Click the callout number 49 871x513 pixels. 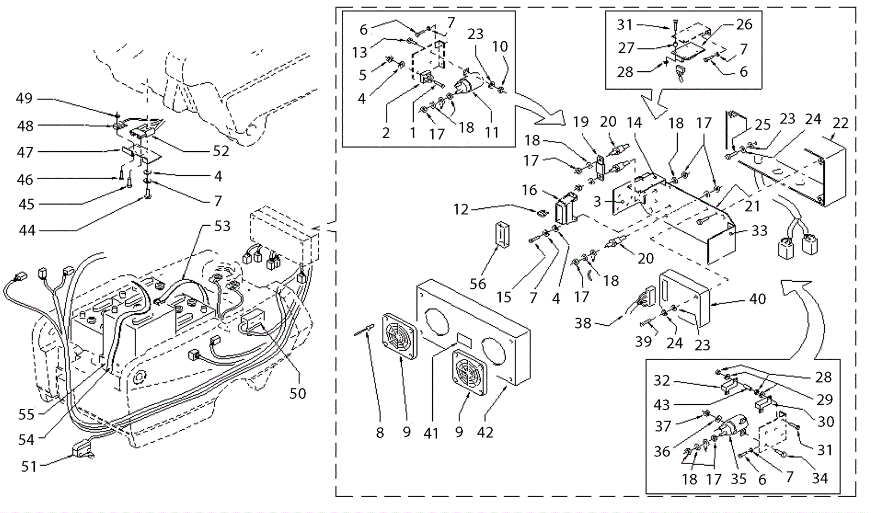(x=24, y=98)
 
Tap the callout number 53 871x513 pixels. (x=222, y=226)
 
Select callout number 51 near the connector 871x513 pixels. (x=29, y=466)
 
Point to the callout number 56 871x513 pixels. (x=478, y=284)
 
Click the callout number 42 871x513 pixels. (x=484, y=432)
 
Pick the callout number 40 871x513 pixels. (x=757, y=299)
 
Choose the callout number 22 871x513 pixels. (x=841, y=123)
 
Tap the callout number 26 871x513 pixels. (x=744, y=24)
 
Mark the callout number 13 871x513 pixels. (x=360, y=52)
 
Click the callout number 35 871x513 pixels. (x=738, y=479)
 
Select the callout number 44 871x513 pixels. (x=27, y=231)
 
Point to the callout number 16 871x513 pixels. (x=529, y=190)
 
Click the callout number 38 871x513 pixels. (x=583, y=323)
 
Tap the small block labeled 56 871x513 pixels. (x=502, y=234)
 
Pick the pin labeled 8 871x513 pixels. (x=364, y=330)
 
